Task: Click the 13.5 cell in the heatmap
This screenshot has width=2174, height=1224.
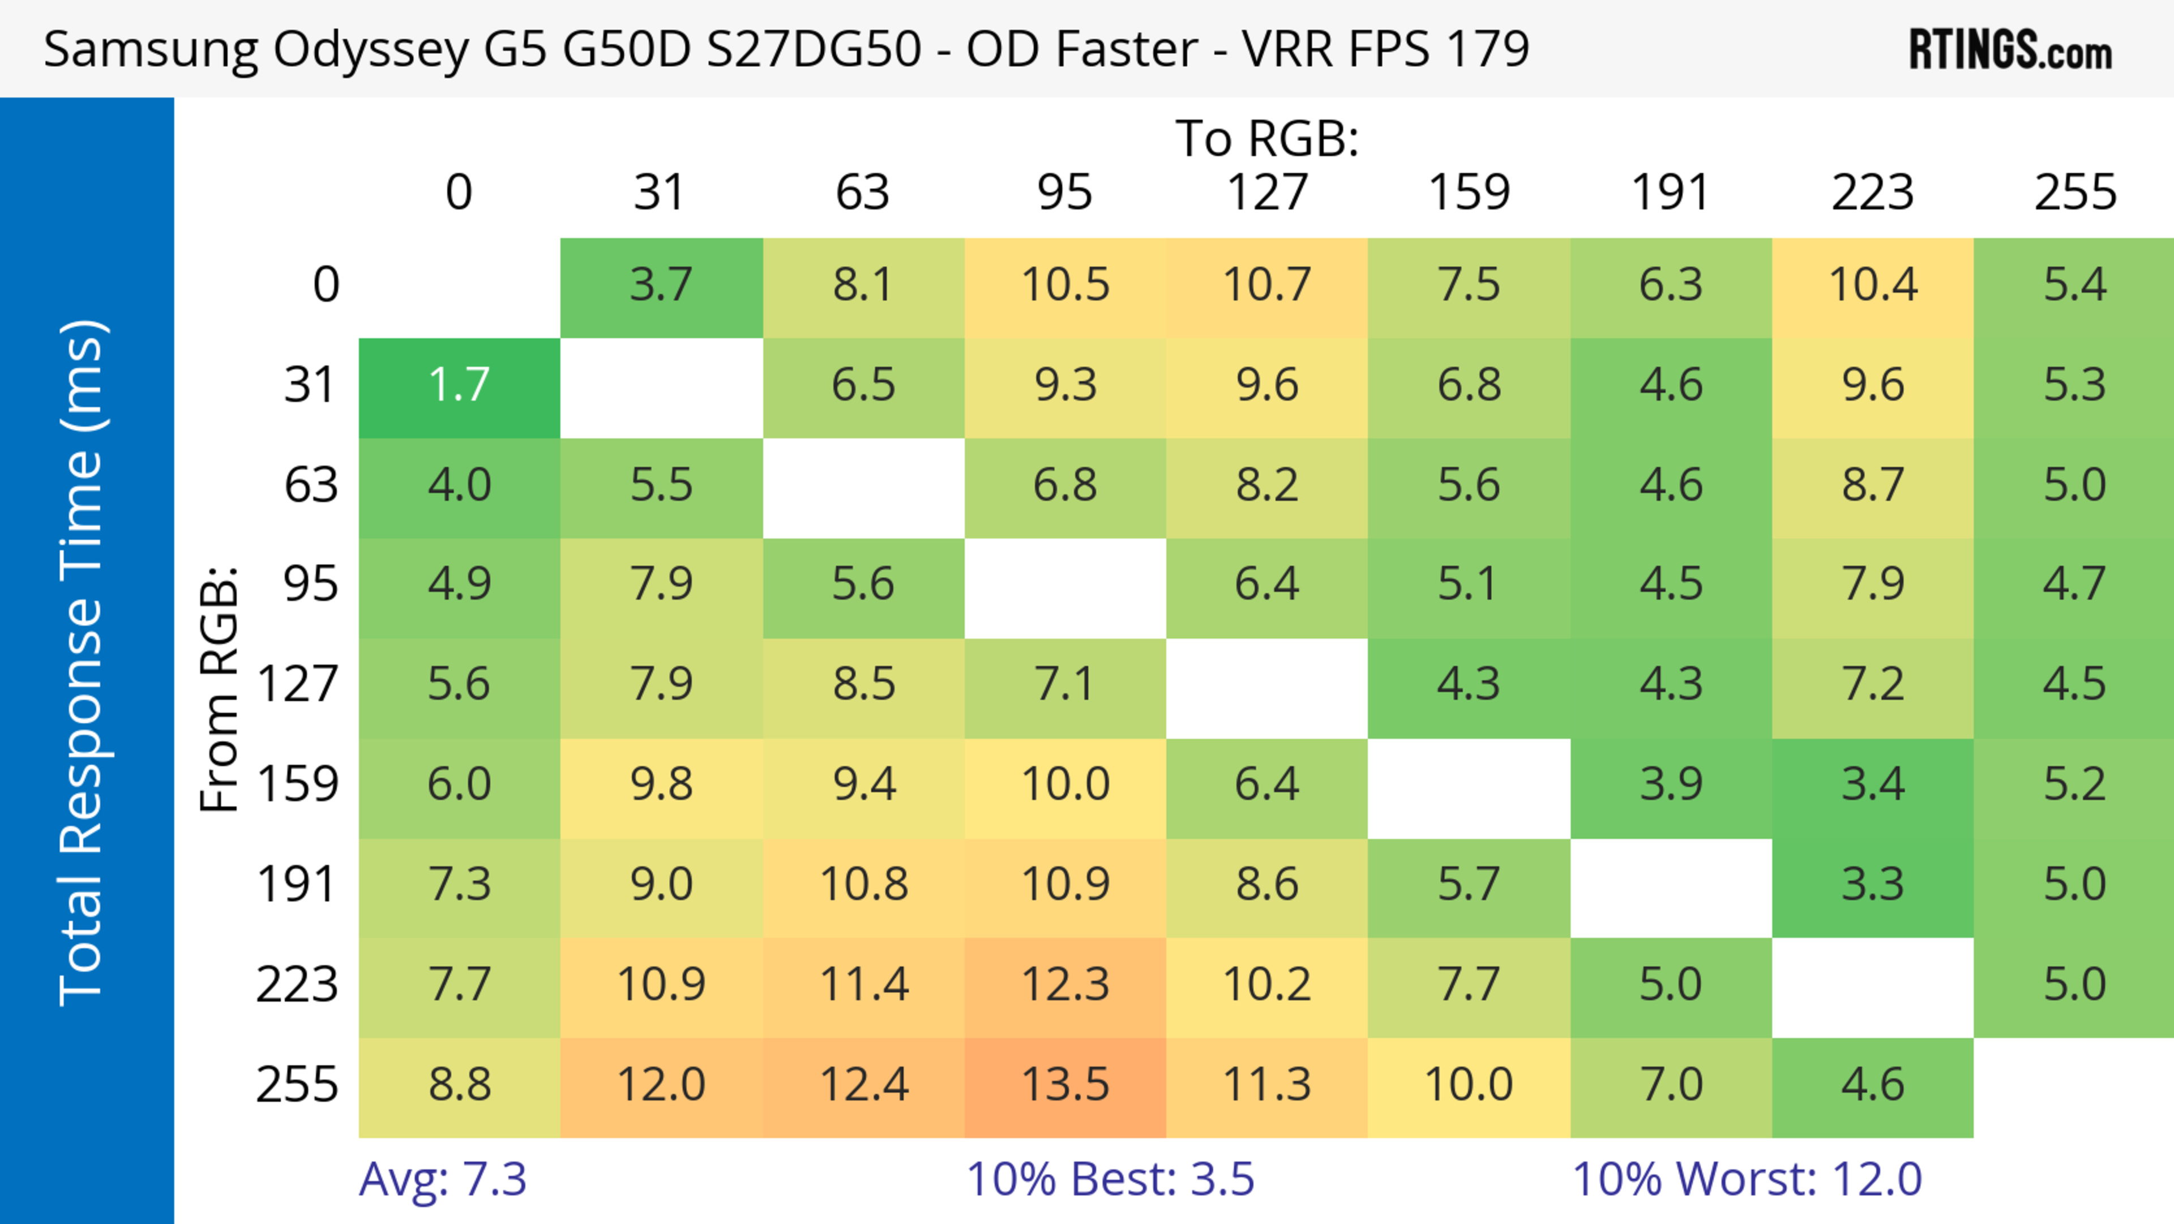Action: [x=1065, y=1085]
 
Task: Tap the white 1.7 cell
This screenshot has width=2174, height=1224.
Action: [x=459, y=386]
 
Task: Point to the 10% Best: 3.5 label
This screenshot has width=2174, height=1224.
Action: [x=1110, y=1179]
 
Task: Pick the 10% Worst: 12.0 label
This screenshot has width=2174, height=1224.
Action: [x=1747, y=1179]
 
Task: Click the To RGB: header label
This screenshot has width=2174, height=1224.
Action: [x=1267, y=138]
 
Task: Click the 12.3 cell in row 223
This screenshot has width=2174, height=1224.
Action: [x=1065, y=985]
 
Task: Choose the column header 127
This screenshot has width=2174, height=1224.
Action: [x=1267, y=193]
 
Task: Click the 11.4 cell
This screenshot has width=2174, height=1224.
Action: [x=863, y=985]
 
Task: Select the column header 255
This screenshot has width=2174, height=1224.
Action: [x=2074, y=193]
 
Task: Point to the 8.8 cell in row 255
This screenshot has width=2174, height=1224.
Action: [x=459, y=1085]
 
